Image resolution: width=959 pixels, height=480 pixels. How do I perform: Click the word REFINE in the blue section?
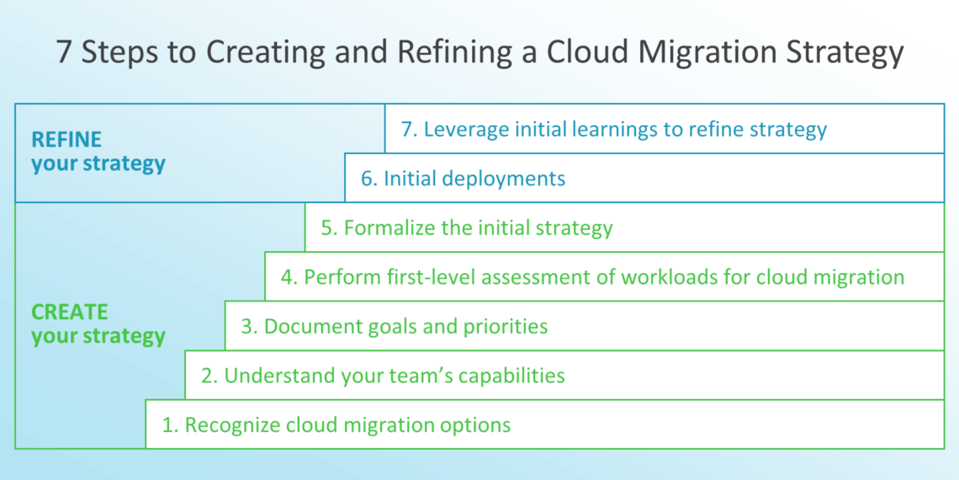tap(66, 140)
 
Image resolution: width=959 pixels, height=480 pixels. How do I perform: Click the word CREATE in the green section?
tap(70, 312)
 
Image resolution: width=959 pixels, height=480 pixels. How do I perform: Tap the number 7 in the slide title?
tap(64, 52)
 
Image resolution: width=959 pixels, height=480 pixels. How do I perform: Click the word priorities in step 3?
tap(507, 326)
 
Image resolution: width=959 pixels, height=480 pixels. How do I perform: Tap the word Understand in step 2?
tap(276, 375)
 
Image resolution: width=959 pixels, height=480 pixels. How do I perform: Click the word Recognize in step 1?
tap(233, 424)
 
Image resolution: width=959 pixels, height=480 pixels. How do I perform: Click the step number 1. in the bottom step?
tap(171, 424)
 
